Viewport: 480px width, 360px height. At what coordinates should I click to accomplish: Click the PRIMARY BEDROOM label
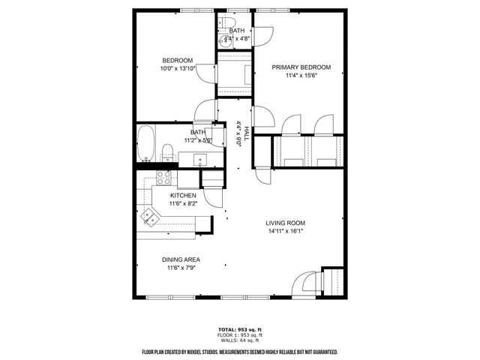[301, 67]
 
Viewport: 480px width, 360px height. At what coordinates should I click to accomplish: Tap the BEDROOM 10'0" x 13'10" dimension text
[178, 69]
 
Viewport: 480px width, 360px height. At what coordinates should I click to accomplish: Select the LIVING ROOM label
[286, 223]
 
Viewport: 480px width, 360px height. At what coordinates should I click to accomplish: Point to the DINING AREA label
[181, 260]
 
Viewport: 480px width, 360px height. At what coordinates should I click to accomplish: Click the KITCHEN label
[183, 195]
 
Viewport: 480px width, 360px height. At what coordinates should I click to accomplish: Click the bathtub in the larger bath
[146, 144]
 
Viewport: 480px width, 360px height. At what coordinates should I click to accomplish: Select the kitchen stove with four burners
[163, 178]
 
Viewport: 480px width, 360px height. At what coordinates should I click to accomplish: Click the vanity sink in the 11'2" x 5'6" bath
[200, 158]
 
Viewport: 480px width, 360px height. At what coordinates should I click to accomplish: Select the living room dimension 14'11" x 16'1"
[286, 231]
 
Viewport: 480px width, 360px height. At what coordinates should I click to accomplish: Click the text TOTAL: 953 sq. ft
[239, 330]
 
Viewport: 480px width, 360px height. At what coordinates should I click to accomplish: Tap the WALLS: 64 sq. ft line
[239, 341]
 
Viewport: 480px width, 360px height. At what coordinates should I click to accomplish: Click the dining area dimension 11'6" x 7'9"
[181, 268]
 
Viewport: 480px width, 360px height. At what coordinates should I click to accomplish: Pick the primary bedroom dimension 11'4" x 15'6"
[301, 75]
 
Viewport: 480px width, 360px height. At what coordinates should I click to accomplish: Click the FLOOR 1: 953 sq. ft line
[239, 335]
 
